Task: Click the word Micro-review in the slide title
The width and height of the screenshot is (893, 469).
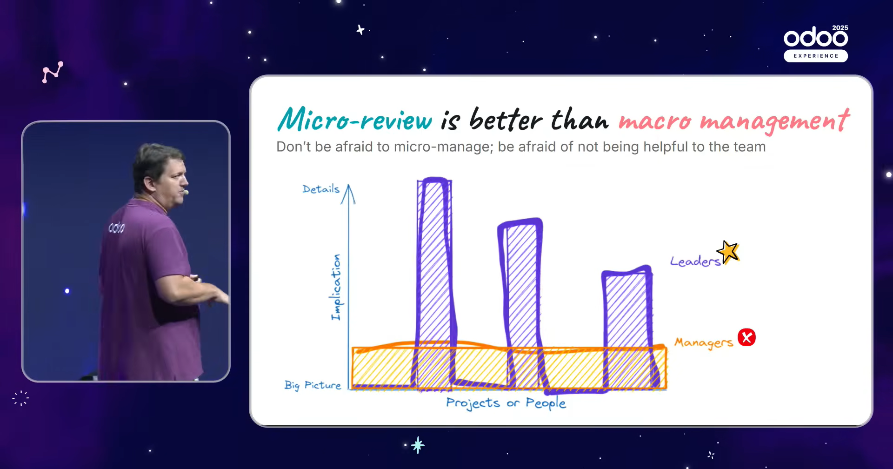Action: [355, 119]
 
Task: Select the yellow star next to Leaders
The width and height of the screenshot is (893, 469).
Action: [728, 252]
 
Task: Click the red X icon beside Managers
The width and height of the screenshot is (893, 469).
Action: [746, 337]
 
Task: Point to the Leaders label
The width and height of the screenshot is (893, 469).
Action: [695, 261]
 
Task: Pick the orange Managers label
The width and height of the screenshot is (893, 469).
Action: [704, 343]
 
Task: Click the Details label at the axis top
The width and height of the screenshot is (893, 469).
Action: [321, 188]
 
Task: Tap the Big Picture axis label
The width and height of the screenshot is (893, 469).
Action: [313, 385]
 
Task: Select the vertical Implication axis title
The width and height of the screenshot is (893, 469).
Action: [336, 287]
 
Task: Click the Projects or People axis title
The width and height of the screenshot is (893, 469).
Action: [506, 403]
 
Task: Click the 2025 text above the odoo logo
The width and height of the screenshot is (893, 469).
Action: [840, 28]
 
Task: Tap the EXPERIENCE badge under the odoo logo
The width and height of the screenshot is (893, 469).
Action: [816, 56]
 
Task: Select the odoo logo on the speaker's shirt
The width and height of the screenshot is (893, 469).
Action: [116, 227]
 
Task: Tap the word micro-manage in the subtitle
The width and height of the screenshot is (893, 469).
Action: [443, 147]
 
